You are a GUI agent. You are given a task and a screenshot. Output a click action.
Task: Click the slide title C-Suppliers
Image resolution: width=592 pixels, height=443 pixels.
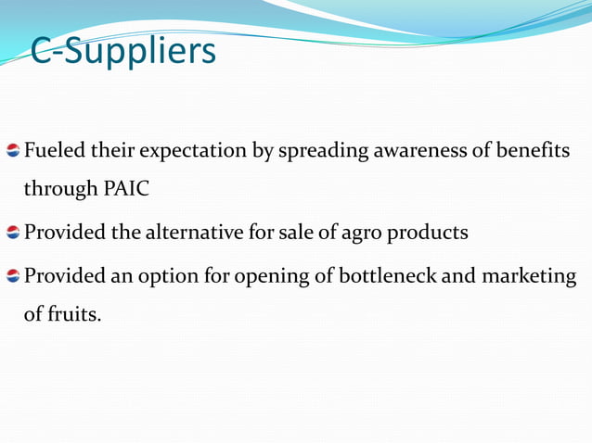click(x=122, y=52)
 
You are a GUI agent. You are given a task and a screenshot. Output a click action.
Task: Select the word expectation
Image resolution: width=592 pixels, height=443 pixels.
click(x=183, y=151)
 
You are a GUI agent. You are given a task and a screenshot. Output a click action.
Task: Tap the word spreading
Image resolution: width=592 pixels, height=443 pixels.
click(x=320, y=151)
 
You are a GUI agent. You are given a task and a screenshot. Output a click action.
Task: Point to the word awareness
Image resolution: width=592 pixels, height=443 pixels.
click(x=419, y=150)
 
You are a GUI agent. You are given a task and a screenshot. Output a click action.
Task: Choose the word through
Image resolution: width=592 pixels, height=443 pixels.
click(x=58, y=190)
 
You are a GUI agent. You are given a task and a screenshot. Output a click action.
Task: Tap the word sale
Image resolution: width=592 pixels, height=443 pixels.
click(x=295, y=232)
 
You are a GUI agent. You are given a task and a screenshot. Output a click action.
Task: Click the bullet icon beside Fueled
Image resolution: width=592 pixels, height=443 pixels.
click(x=13, y=151)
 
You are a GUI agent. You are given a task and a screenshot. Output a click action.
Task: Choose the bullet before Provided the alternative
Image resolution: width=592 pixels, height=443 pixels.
click(x=13, y=233)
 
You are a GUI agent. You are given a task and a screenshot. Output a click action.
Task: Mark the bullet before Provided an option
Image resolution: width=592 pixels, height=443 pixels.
click(x=13, y=276)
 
